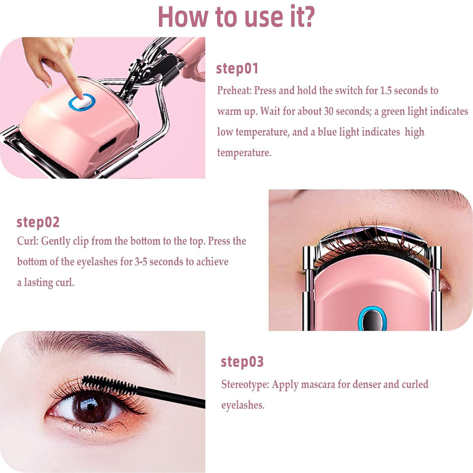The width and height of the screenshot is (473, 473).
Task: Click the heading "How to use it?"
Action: pyautogui.click(x=236, y=17)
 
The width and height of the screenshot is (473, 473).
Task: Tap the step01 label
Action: pyautogui.click(x=237, y=69)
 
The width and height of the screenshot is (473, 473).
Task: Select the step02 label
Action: pyautogui.click(x=38, y=222)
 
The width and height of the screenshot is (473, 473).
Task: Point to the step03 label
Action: pyautogui.click(x=242, y=362)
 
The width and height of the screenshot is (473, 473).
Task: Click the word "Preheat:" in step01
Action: pyautogui.click(x=234, y=90)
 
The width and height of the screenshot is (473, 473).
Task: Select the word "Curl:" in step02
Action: pyautogui.click(x=28, y=241)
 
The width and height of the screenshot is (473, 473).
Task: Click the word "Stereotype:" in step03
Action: pyautogui.click(x=245, y=384)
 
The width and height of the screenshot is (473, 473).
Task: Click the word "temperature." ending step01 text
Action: pyautogui.click(x=244, y=153)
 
